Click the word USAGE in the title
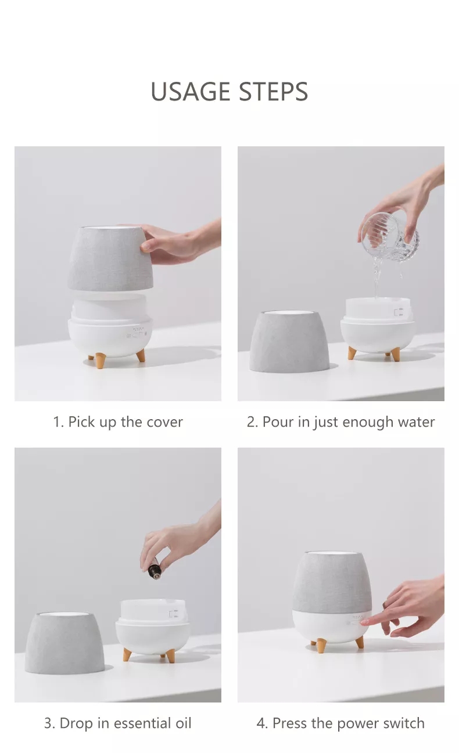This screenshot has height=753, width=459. [x=190, y=91]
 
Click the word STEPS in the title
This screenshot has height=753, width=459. [x=273, y=91]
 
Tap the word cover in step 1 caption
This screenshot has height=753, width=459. [x=165, y=422]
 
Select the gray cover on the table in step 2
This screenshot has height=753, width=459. [x=289, y=341]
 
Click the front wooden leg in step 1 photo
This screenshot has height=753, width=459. [x=100, y=361]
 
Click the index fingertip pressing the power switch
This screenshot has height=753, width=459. [x=364, y=622]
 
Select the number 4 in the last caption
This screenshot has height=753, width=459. [x=260, y=723]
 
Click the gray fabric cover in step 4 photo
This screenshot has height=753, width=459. [x=332, y=582]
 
